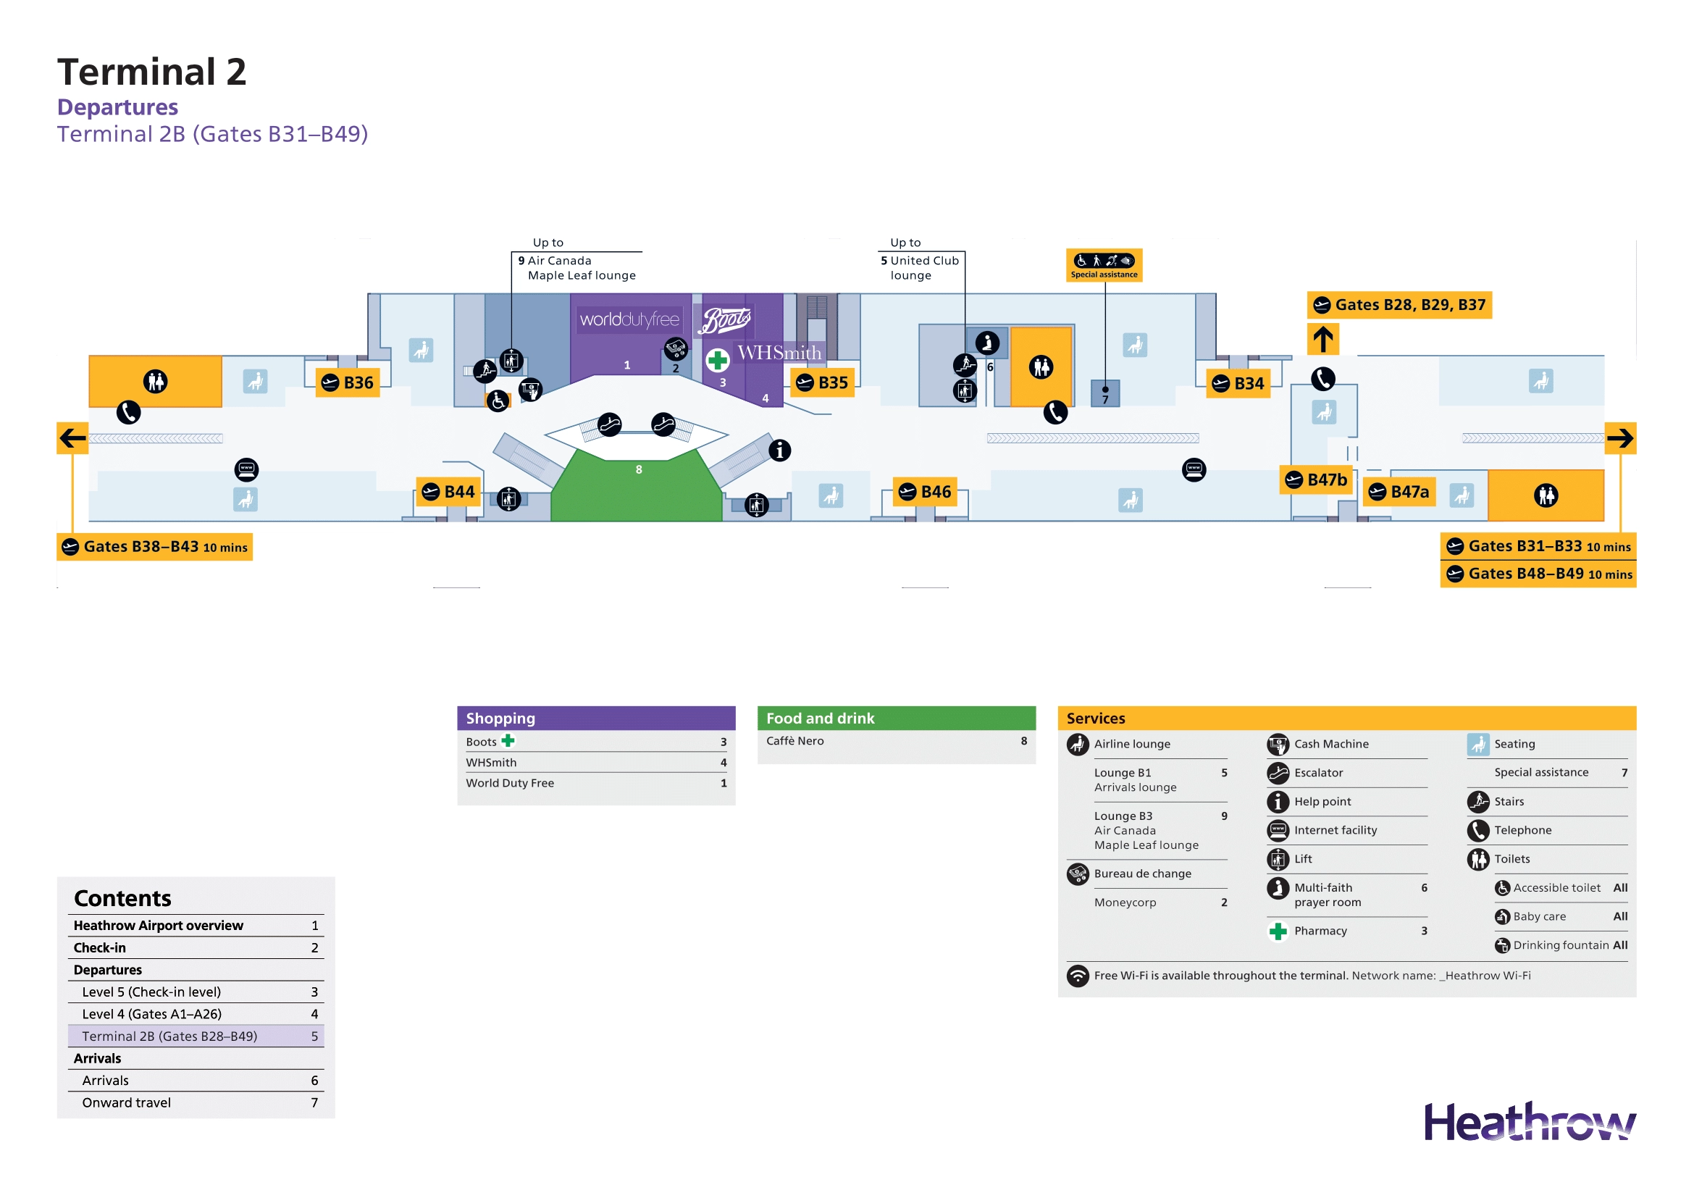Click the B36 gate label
(x=348, y=383)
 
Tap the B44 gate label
(x=448, y=492)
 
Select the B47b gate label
(x=1316, y=480)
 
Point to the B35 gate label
(x=823, y=383)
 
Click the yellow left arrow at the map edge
(x=72, y=438)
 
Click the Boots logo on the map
(x=726, y=321)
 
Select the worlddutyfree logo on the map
(x=629, y=319)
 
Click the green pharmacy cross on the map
(x=717, y=361)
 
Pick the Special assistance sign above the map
(x=1104, y=265)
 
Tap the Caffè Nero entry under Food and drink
(x=794, y=742)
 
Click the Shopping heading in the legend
(x=501, y=719)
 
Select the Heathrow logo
(x=1529, y=1123)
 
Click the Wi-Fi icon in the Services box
(x=1078, y=976)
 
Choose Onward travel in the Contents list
(x=126, y=1103)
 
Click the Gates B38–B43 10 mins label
(x=155, y=548)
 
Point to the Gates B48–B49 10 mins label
(x=1538, y=574)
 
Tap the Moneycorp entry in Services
(x=1125, y=903)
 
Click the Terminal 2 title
(x=152, y=72)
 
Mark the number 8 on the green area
(x=639, y=470)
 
